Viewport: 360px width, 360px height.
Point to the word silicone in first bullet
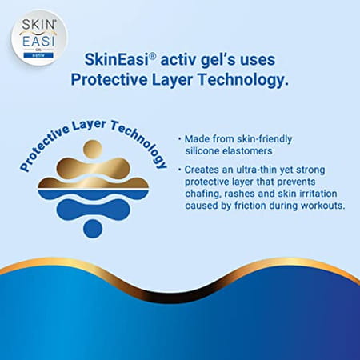pyautogui.click(x=210, y=151)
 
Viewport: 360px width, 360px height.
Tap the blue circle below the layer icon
pyautogui.click(x=93, y=228)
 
